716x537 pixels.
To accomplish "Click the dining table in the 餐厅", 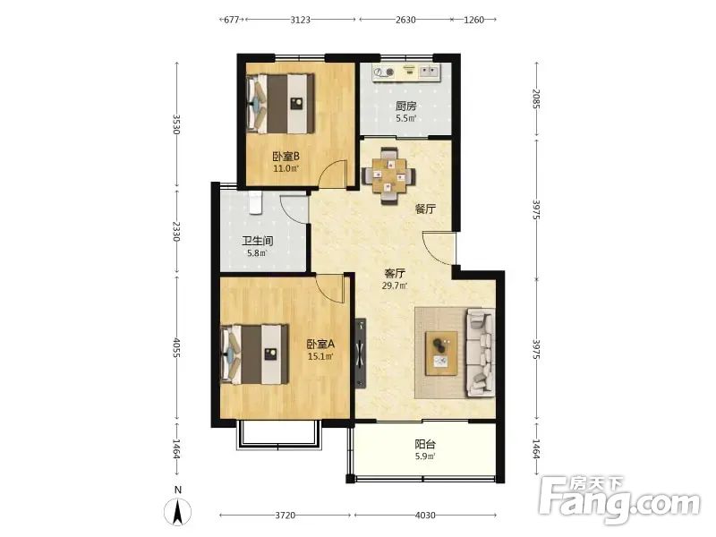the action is pyautogui.click(x=388, y=176).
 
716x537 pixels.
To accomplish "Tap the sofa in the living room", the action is pyautogui.click(x=480, y=352).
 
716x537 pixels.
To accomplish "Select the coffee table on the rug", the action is pyautogui.click(x=441, y=354).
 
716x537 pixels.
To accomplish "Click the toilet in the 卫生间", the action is pyautogui.click(x=256, y=202).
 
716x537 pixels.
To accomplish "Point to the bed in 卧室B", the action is pyautogui.click(x=281, y=104).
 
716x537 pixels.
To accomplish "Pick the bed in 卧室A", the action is pyautogui.click(x=255, y=354).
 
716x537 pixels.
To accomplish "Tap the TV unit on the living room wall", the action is pyautogui.click(x=362, y=353).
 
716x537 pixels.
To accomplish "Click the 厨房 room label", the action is pyautogui.click(x=405, y=107).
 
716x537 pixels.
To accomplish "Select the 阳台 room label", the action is pyautogui.click(x=425, y=444).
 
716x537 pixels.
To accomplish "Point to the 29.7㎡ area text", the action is pyautogui.click(x=395, y=286).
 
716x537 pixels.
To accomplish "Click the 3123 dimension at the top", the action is pyautogui.click(x=300, y=20).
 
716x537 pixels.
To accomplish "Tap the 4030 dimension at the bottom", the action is pyautogui.click(x=425, y=516).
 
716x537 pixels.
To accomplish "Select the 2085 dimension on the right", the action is pyautogui.click(x=536, y=99).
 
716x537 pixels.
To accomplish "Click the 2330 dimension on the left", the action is pyautogui.click(x=176, y=232).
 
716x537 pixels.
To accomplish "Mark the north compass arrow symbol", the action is pyautogui.click(x=178, y=512).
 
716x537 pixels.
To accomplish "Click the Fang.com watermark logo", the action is pyautogui.click(x=619, y=499).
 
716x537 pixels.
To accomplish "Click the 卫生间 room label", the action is pyautogui.click(x=258, y=241).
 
